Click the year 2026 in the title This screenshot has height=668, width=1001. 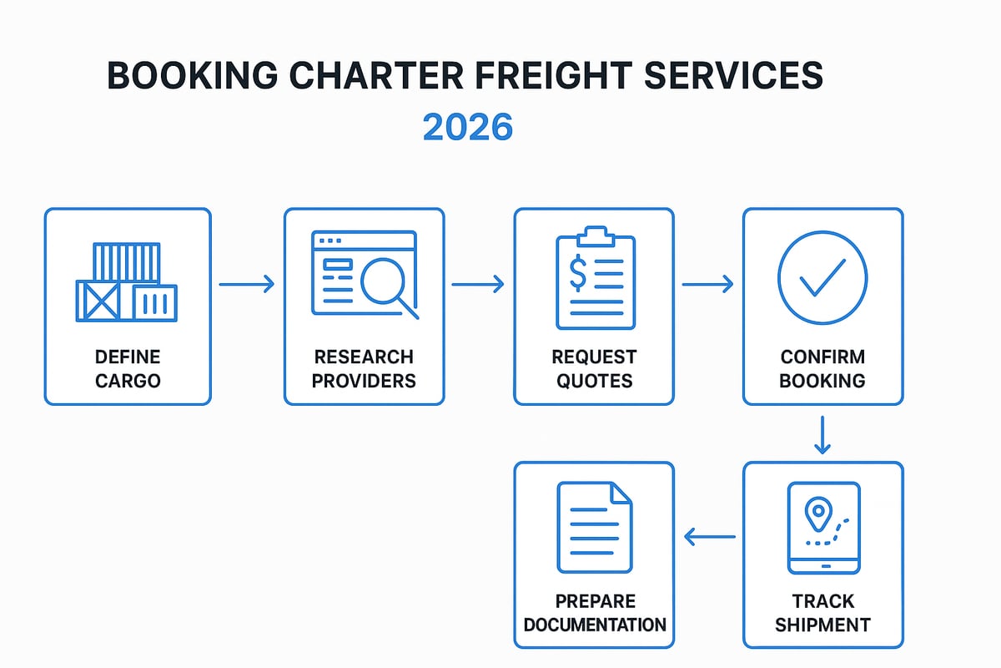point(467,127)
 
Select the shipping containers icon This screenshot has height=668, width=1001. point(127,281)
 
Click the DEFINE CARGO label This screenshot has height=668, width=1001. point(127,369)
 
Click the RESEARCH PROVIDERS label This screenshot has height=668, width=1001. point(364,369)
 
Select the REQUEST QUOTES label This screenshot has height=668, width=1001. point(593,369)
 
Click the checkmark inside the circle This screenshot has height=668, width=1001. point(822,277)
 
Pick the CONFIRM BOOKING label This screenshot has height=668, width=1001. point(822,369)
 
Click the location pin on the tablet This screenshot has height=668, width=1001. point(818,510)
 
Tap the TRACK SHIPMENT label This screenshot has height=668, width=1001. point(822,613)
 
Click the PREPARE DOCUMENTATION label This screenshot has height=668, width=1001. point(593,613)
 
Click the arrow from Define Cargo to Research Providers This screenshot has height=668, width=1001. point(247,285)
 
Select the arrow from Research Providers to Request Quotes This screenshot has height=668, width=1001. point(478,285)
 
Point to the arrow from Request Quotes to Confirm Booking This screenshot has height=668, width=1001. point(707,285)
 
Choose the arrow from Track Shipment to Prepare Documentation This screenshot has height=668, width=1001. point(709,537)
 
